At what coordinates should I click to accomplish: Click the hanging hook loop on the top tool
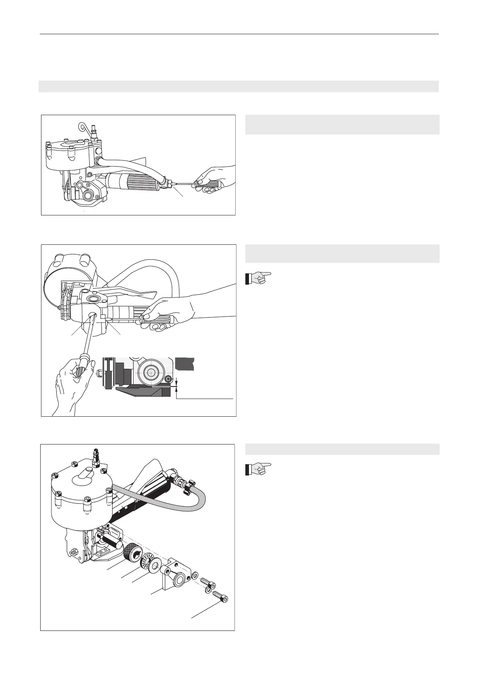(83, 127)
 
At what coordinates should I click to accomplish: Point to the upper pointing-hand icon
(258, 278)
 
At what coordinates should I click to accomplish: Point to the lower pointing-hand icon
(258, 469)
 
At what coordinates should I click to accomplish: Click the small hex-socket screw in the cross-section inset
(169, 379)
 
